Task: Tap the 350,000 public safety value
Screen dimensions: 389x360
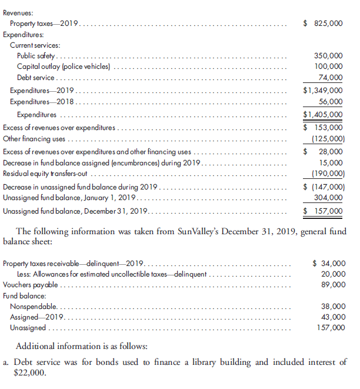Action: point(329,56)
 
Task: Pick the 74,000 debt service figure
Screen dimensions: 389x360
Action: point(331,77)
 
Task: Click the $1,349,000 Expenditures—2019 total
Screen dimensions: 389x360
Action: point(322,91)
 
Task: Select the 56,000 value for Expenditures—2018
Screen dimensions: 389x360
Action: point(331,102)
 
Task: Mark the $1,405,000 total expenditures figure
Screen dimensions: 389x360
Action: point(322,115)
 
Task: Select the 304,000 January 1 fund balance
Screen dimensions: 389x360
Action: point(329,198)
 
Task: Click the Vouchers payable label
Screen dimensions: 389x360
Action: point(31,285)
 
